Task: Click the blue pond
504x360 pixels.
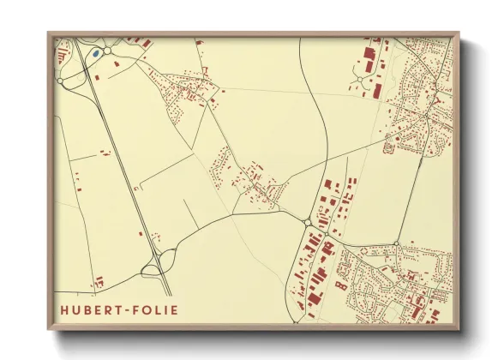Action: (96, 53)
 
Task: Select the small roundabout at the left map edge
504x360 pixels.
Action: (61, 81)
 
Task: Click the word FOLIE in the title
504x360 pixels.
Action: (155, 309)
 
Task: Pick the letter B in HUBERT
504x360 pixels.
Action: (87, 309)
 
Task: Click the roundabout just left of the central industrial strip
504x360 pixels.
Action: (307, 223)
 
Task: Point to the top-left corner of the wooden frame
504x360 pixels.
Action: (49, 33)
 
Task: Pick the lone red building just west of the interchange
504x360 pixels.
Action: (153, 239)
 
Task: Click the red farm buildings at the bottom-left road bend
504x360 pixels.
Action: (99, 280)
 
